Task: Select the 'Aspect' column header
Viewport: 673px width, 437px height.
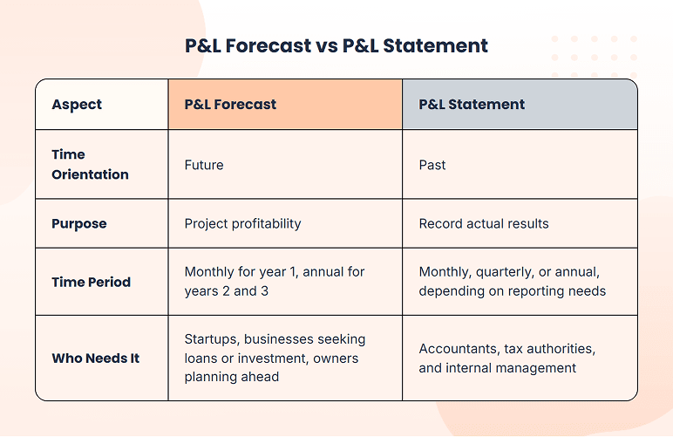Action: pyautogui.click(x=77, y=105)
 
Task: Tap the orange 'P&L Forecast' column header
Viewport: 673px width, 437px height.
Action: pyautogui.click(x=230, y=105)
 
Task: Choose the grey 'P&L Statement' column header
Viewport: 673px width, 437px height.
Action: pyautogui.click(x=472, y=105)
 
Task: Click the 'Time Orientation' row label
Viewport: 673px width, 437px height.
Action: pyautogui.click(x=90, y=164)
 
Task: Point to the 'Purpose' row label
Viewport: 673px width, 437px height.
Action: pyautogui.click(x=79, y=223)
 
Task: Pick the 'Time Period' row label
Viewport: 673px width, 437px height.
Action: pyautogui.click(x=91, y=282)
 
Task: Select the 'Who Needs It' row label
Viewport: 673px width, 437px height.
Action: pyautogui.click(x=95, y=358)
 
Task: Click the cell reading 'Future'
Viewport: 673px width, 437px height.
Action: pyautogui.click(x=205, y=165)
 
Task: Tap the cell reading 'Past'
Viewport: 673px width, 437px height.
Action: pyautogui.click(x=432, y=165)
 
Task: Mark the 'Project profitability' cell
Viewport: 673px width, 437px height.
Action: pyautogui.click(x=242, y=223)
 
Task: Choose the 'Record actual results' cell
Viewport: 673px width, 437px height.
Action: pyautogui.click(x=484, y=223)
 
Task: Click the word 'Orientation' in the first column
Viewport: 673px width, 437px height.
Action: pyautogui.click(x=90, y=174)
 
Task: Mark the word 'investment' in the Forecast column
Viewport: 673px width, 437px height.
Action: pyautogui.click(x=269, y=358)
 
